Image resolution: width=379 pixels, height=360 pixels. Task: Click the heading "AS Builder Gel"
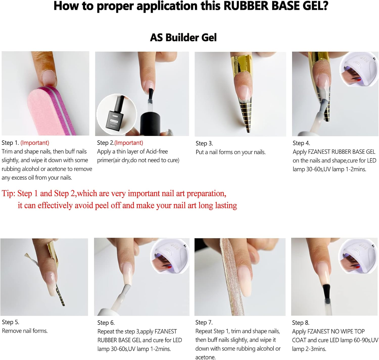click(x=183, y=37)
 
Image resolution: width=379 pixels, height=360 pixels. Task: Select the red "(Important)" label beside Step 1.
click(x=35, y=143)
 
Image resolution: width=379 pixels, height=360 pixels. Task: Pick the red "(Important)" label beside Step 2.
click(x=129, y=143)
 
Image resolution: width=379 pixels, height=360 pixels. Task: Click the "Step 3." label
click(x=204, y=144)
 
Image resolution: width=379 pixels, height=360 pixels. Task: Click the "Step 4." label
click(x=301, y=143)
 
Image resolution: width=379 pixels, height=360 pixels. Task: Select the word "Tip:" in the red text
click(x=9, y=193)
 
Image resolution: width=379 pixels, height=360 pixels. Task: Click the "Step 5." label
click(x=11, y=322)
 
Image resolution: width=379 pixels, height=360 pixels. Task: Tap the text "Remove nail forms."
click(x=25, y=331)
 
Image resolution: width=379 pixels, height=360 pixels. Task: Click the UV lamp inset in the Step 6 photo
click(x=170, y=256)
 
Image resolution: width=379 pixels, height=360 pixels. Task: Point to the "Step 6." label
click(x=106, y=323)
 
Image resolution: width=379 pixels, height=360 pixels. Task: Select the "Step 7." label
click(x=204, y=322)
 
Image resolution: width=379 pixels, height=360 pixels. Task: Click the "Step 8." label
click(x=301, y=323)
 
